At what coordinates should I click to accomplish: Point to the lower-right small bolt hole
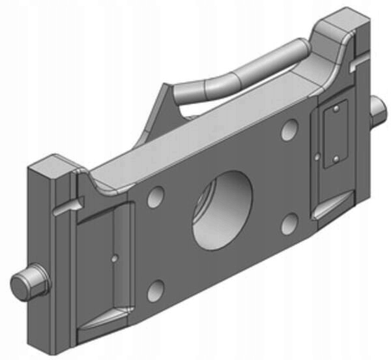pos(289,223)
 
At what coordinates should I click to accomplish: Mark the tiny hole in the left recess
pos(114,258)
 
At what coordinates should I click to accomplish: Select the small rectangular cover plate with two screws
pos(336,134)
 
